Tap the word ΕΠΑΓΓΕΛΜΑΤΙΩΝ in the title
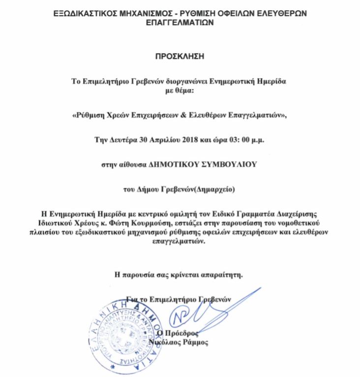180,22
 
